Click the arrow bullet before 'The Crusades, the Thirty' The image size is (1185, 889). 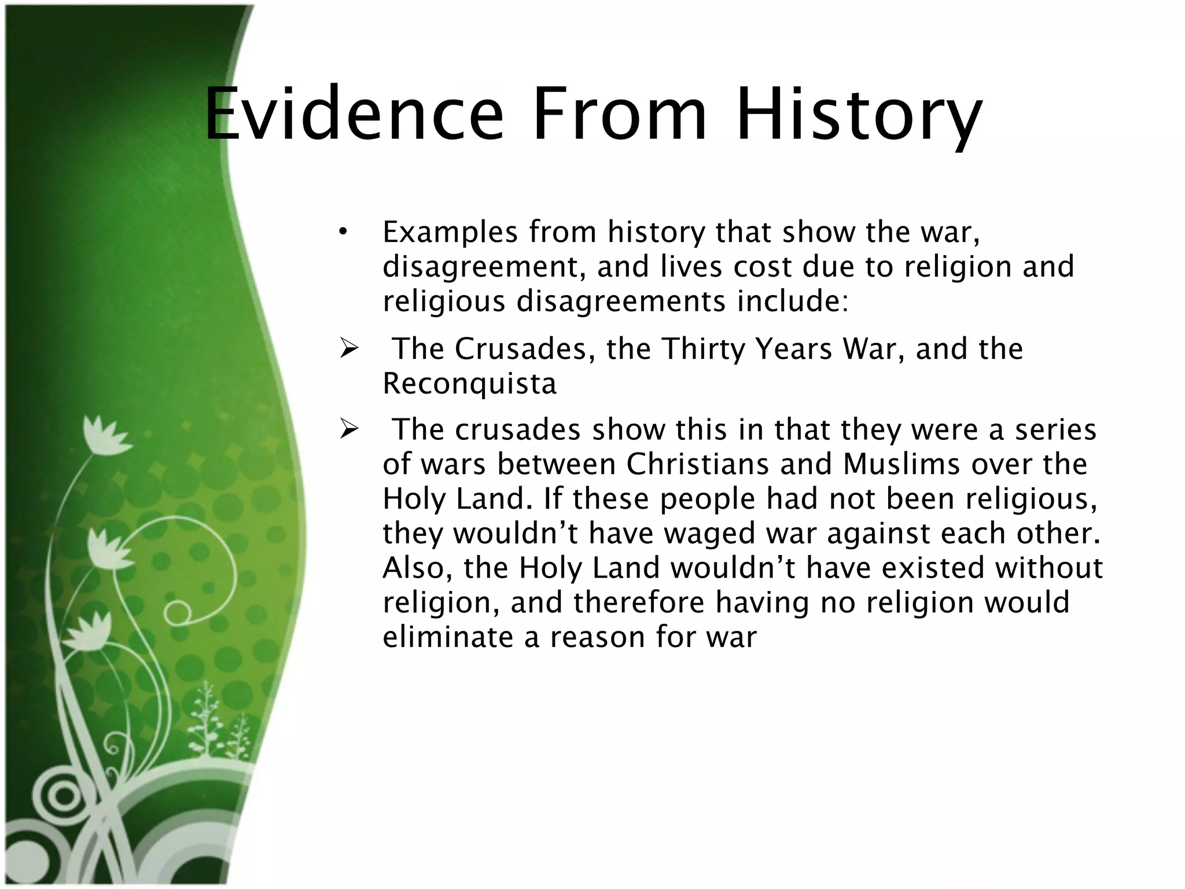click(x=350, y=349)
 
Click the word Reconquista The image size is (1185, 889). click(x=469, y=384)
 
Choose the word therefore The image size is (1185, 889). click(x=639, y=603)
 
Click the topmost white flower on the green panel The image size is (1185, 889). click(x=104, y=435)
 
